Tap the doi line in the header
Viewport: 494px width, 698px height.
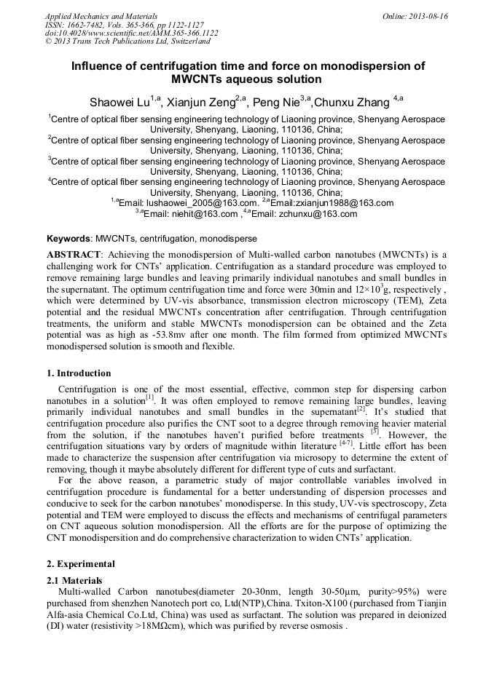pyautogui.click(x=131, y=33)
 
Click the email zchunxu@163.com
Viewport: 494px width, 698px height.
pyautogui.click(x=321, y=214)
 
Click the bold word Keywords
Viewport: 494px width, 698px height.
pyautogui.click(x=69, y=238)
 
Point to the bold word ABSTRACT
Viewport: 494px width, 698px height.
pyautogui.click(x=73, y=254)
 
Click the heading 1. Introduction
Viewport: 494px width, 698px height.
pyautogui.click(x=79, y=373)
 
